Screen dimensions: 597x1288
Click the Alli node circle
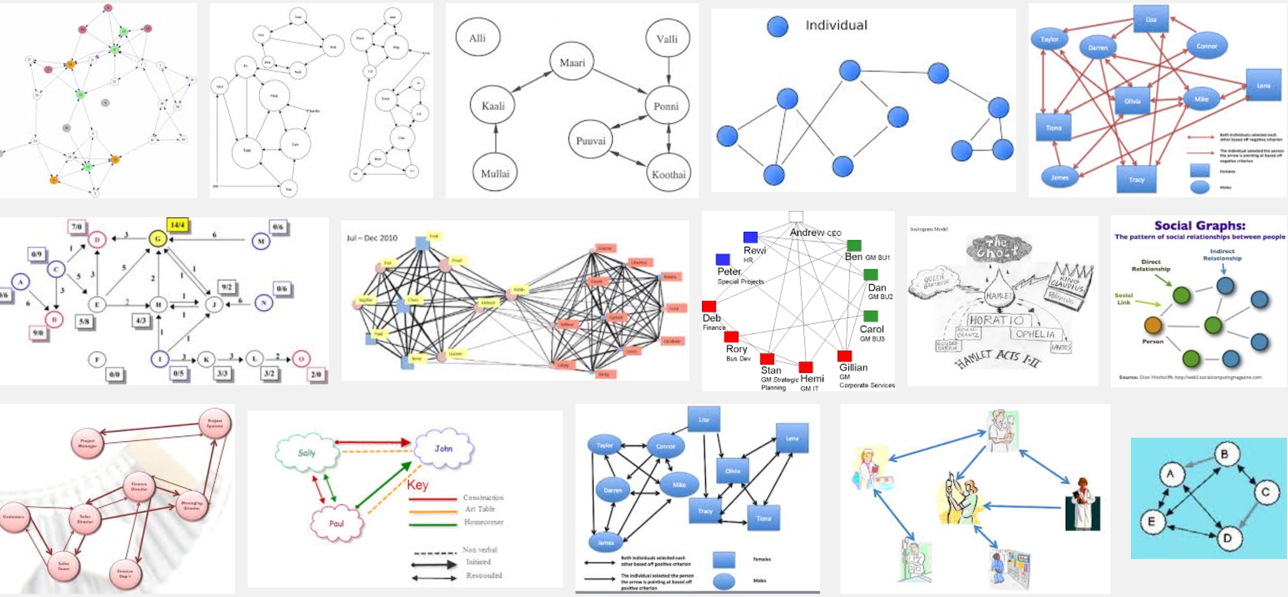(x=477, y=37)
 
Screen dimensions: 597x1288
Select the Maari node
(x=572, y=62)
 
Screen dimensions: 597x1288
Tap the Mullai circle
(x=495, y=173)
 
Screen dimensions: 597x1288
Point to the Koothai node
(x=668, y=174)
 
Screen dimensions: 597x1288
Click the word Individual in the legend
(x=836, y=25)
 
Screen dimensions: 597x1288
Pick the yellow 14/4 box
(x=178, y=225)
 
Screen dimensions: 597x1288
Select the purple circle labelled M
(x=261, y=241)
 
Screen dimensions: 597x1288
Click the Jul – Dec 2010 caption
(x=372, y=238)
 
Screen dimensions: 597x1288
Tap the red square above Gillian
(x=844, y=355)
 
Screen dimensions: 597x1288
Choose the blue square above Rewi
(x=750, y=237)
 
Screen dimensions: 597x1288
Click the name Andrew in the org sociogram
(x=806, y=232)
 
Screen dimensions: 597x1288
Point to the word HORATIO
(x=997, y=320)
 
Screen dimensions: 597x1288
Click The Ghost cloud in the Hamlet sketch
(x=999, y=247)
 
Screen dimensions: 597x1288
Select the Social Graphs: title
(x=1199, y=226)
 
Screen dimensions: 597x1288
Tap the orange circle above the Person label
(x=1153, y=325)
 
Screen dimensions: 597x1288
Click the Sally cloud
(x=307, y=452)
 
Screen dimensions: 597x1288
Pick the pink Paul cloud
(x=336, y=523)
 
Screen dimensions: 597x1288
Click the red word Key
(x=417, y=485)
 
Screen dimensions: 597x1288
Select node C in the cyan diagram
(x=1265, y=492)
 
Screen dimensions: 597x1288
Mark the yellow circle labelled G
(x=158, y=239)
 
